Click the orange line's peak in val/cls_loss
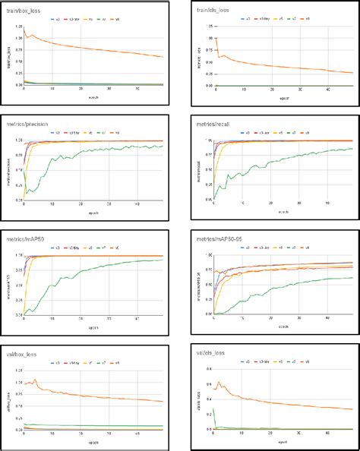pos(219,382)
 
